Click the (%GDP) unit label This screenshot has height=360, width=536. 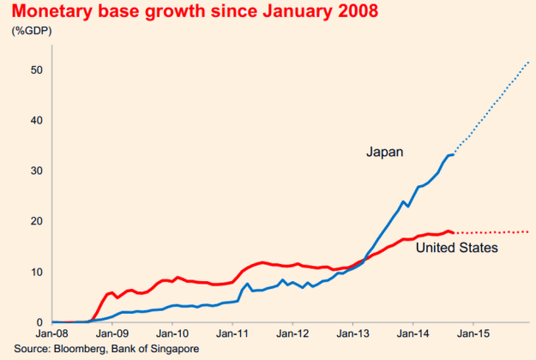tap(33, 32)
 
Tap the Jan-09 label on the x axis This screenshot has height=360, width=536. tap(112, 335)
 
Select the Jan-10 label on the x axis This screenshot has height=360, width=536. tap(172, 335)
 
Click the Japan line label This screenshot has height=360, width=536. tap(385, 153)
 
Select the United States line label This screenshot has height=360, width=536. tap(455, 249)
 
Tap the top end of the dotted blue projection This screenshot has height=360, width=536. tap(528, 63)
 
